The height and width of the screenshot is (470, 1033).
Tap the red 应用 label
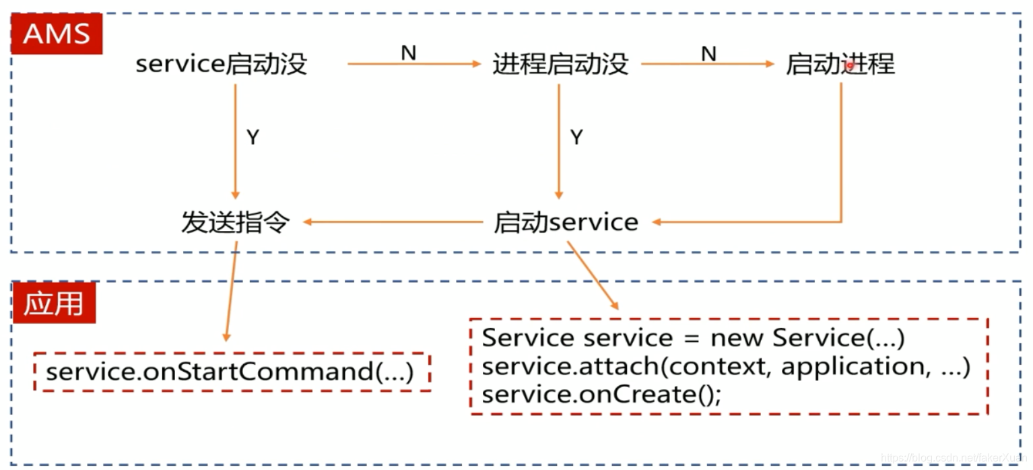(x=54, y=304)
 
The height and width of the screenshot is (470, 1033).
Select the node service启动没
(x=221, y=65)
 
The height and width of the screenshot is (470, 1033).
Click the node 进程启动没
(x=560, y=65)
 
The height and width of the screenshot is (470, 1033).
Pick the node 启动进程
(x=840, y=65)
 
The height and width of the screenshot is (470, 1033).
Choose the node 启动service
(x=566, y=222)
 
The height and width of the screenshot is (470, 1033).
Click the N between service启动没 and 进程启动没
(x=408, y=53)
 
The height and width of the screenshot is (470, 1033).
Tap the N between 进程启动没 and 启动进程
(x=708, y=53)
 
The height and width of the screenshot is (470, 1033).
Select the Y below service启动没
(x=253, y=138)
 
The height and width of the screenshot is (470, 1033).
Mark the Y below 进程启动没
(x=576, y=138)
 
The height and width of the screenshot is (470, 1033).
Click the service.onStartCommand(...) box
(x=231, y=372)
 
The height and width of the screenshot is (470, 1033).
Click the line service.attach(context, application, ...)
(x=725, y=367)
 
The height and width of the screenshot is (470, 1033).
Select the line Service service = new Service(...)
(x=693, y=338)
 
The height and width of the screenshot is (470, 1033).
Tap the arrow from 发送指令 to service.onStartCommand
(x=231, y=290)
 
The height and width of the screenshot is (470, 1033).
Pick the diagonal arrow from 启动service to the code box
(x=593, y=276)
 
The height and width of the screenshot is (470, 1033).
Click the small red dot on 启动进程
(x=851, y=65)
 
